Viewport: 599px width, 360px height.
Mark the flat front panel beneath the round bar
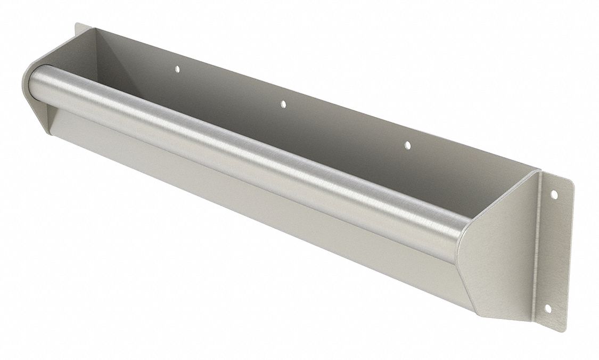pyautogui.click(x=240, y=213)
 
